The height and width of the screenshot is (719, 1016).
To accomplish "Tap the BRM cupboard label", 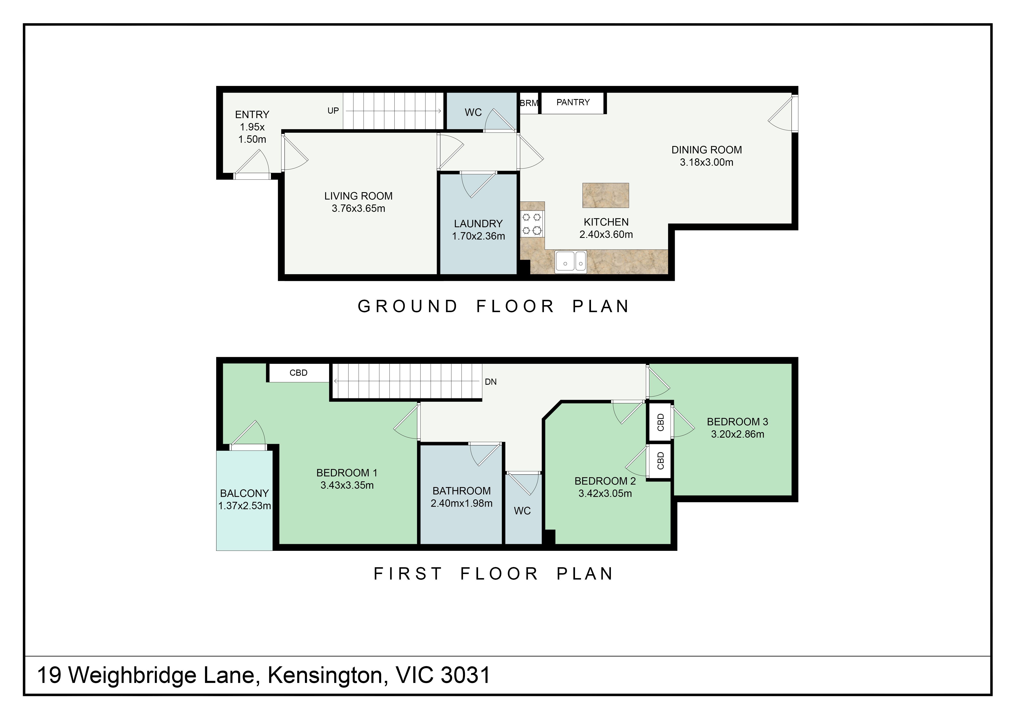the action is (x=529, y=103).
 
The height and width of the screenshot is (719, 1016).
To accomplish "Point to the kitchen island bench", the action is (x=605, y=196).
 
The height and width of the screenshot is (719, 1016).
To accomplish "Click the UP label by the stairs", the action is (x=333, y=111).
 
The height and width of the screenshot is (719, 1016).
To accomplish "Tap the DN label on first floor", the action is (x=491, y=382).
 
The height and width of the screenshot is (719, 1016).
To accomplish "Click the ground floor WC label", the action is (x=473, y=112).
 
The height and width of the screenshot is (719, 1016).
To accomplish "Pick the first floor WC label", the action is (x=522, y=511).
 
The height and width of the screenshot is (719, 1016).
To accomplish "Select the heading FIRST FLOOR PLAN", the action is (x=493, y=574).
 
